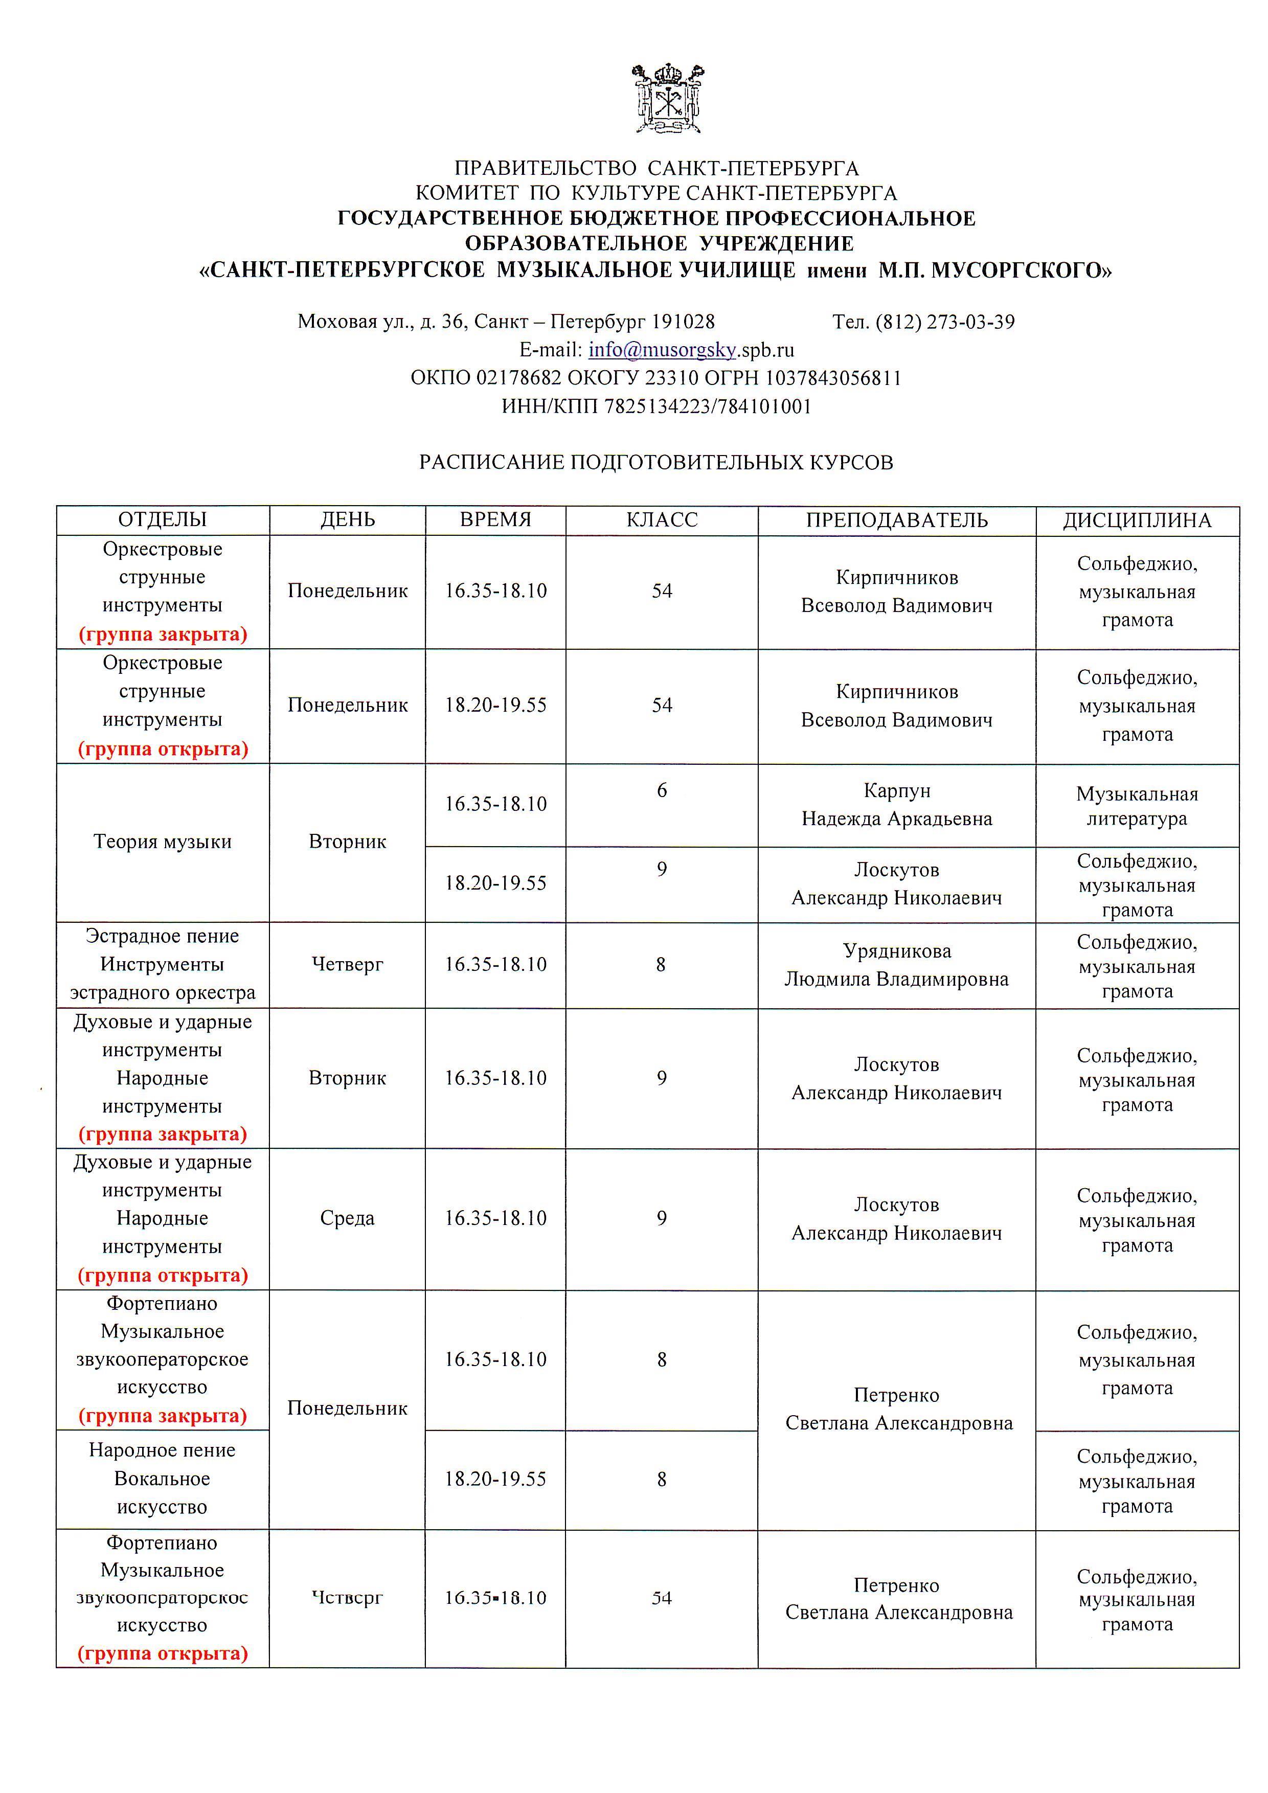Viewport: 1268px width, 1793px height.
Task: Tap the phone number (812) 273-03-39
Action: click(x=945, y=322)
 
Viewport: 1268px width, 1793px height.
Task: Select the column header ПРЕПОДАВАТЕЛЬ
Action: click(x=896, y=520)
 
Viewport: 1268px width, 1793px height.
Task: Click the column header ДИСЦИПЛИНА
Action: click(x=1136, y=520)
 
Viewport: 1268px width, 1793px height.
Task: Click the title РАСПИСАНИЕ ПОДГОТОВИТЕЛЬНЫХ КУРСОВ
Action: click(x=656, y=462)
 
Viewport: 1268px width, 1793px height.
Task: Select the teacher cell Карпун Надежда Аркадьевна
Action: click(x=896, y=804)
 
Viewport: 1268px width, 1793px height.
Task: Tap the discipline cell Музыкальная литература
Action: click(x=1136, y=806)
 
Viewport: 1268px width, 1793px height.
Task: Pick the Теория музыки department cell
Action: click(x=163, y=842)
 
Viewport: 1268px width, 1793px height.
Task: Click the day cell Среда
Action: click(x=348, y=1218)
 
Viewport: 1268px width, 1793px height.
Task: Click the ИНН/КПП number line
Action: click(x=656, y=406)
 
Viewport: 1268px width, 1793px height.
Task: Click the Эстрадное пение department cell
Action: click(x=163, y=964)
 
